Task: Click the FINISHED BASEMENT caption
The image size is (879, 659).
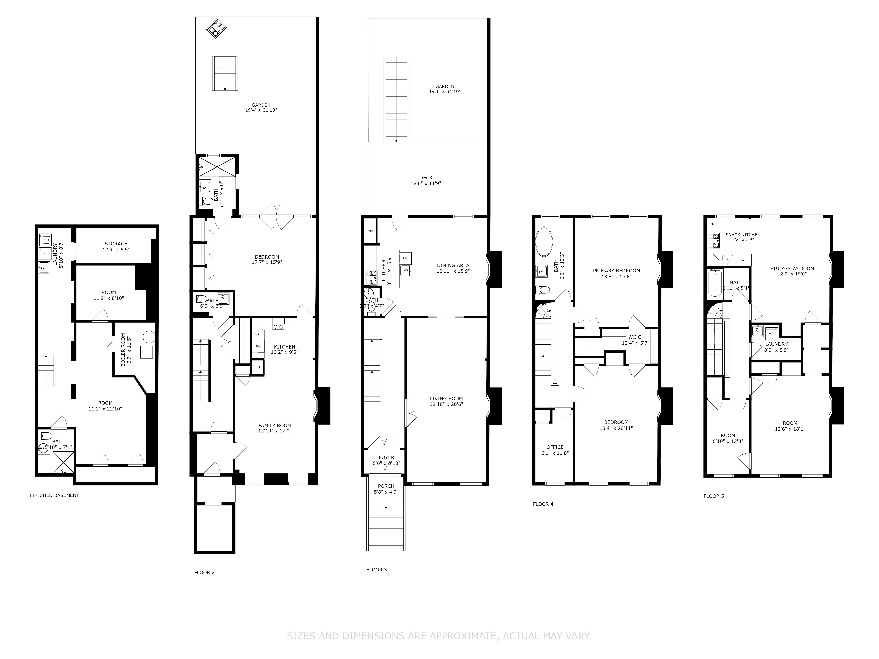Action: point(54,495)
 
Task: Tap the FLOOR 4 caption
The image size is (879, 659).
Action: point(543,504)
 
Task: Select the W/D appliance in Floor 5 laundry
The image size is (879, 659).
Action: point(771,333)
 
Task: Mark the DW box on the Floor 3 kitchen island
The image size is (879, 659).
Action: point(405,258)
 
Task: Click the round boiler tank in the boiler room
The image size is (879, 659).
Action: point(149,337)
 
